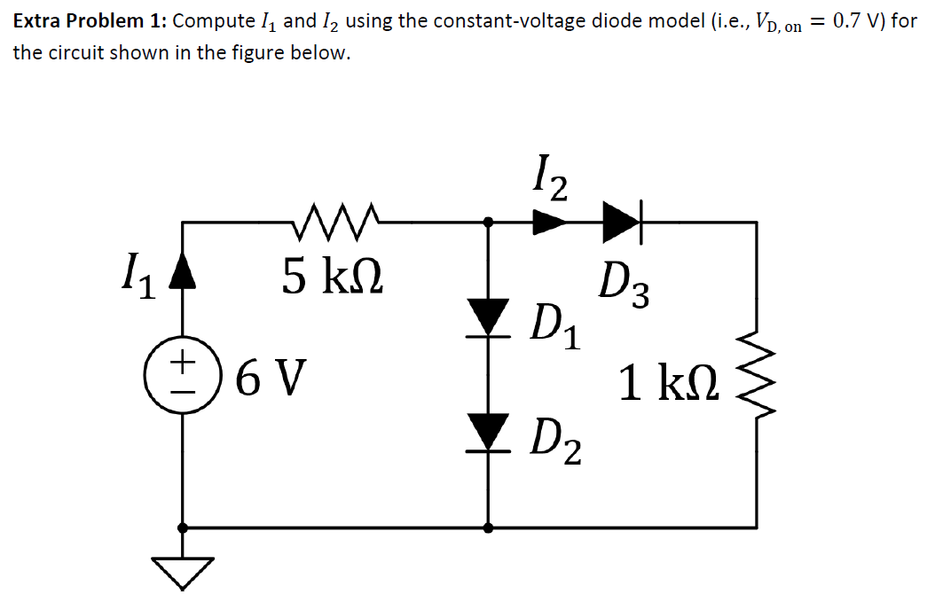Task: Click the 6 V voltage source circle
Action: tap(182, 372)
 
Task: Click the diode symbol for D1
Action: tap(487, 317)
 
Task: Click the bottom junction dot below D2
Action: tap(487, 528)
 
